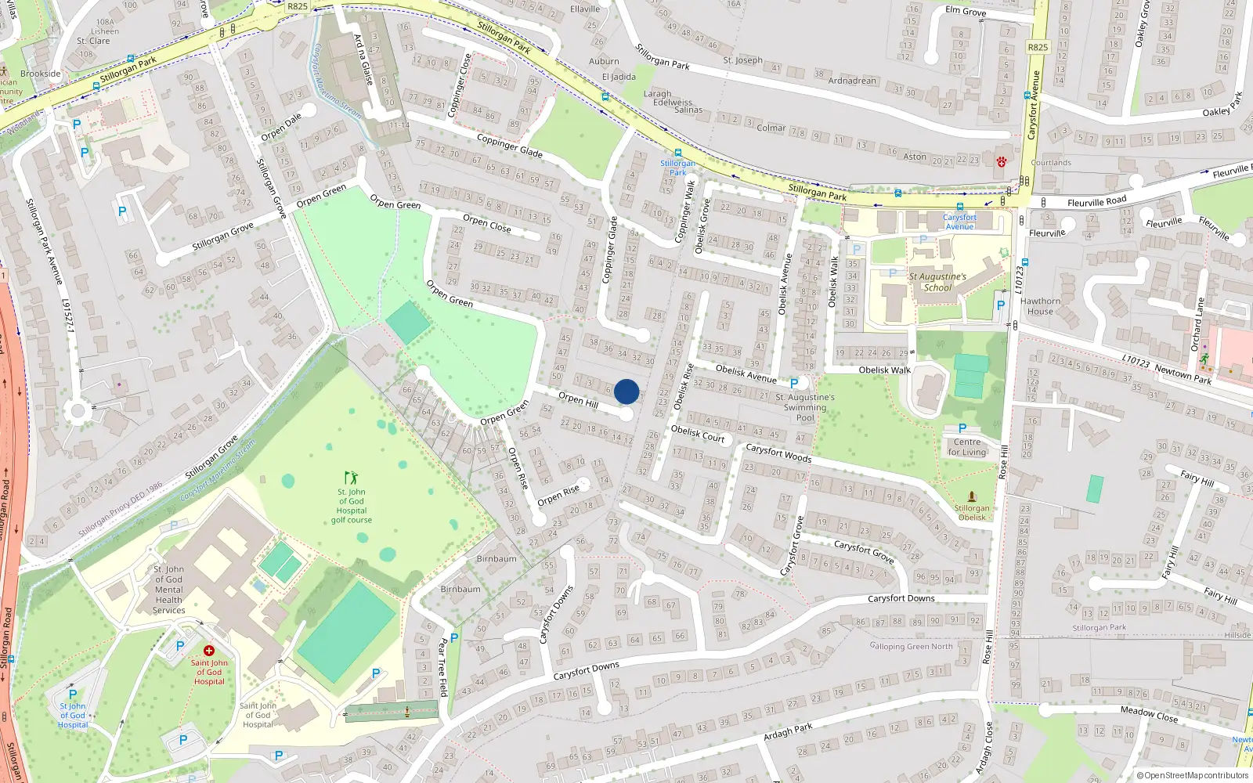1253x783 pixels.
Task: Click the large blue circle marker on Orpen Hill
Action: point(626,391)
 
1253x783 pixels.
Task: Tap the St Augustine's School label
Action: point(937,282)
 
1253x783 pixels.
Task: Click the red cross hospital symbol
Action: point(209,651)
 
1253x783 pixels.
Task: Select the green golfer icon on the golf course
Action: point(351,477)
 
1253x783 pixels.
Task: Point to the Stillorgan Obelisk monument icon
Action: point(972,496)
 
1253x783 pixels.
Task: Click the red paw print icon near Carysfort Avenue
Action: point(1001,162)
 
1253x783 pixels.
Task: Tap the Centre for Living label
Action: point(967,447)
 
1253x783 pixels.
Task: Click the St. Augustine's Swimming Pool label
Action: point(805,407)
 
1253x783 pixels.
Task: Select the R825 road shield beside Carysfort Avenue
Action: point(1038,47)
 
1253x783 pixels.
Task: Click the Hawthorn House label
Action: point(1040,306)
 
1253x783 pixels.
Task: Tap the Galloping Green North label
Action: point(911,646)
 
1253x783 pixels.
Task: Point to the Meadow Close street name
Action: point(1149,713)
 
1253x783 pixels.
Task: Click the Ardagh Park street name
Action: point(788,732)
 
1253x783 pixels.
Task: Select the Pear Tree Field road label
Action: point(442,666)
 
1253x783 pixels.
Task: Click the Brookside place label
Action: point(41,74)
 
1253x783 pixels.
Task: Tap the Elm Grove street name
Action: point(966,11)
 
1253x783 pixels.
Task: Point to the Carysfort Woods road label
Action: point(778,453)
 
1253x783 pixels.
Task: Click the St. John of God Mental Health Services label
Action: point(169,590)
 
